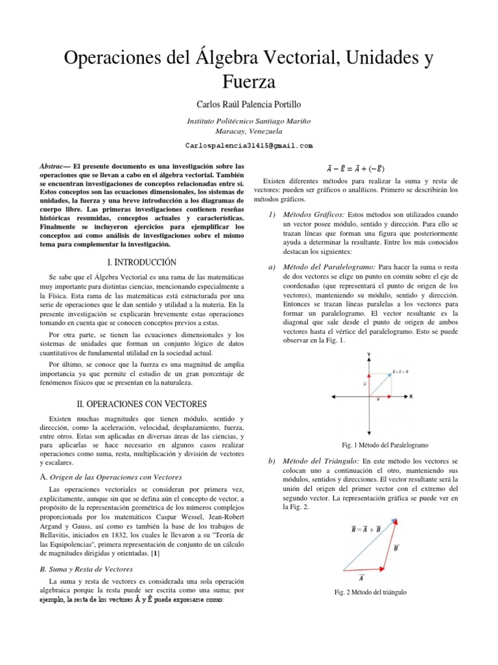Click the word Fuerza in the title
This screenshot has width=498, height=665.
pyautogui.click(x=248, y=82)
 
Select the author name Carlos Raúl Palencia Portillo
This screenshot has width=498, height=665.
pyautogui.click(x=249, y=104)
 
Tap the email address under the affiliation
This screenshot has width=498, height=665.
pyautogui.click(x=249, y=145)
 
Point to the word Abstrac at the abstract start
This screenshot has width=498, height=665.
pyautogui.click(x=54, y=166)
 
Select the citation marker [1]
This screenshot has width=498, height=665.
pyautogui.click(x=154, y=553)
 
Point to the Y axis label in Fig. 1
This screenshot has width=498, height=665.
pyautogui.click(x=369, y=355)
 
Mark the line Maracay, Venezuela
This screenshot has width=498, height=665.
pyautogui.click(x=249, y=131)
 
